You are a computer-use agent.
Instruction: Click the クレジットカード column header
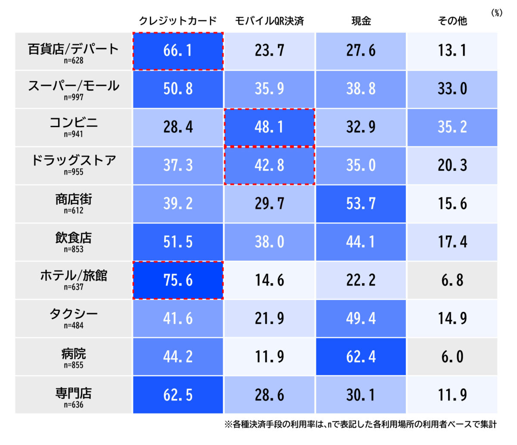178,21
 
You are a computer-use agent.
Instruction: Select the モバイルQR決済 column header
269,21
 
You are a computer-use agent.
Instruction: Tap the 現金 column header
361,21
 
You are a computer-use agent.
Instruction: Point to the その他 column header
452,21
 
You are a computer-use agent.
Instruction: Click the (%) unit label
497,13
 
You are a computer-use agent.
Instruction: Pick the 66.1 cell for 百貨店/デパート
178,51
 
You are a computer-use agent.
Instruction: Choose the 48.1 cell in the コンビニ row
269,127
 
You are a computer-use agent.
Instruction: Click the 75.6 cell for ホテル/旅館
178,280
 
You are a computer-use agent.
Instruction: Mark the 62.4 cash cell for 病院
361,357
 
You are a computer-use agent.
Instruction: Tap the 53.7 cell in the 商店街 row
361,204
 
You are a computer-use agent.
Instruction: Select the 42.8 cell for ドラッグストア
269,166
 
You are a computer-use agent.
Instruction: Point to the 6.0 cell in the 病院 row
452,357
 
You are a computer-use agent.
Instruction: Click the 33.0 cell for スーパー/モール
452,89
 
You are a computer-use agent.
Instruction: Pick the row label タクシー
74,314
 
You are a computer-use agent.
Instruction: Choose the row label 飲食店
74,238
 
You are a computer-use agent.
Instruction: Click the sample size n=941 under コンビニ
74,134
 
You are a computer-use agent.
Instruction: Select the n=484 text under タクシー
74,326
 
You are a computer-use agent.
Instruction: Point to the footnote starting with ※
360,425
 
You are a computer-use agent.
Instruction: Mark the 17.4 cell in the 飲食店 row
452,242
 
